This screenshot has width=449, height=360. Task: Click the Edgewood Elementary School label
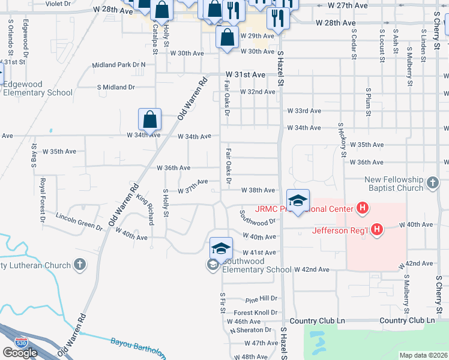tap(37, 89)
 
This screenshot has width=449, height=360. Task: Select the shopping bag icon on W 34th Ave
tap(150, 119)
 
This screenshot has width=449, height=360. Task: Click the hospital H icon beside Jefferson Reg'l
tap(377, 229)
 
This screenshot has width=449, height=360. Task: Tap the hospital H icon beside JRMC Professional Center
tap(362, 209)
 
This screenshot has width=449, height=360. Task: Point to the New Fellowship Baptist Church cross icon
tap(433, 181)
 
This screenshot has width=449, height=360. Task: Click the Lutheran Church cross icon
tap(79, 265)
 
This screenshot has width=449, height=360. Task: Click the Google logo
tap(20, 353)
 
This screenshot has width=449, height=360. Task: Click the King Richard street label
tap(146, 209)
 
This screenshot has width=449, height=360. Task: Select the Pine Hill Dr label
tap(261, 299)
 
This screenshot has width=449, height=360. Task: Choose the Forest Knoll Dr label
tap(256, 313)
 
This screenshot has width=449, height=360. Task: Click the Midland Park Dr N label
tap(119, 65)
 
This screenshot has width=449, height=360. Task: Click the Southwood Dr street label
tap(257, 217)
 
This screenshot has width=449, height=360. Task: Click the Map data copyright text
tap(423, 355)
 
